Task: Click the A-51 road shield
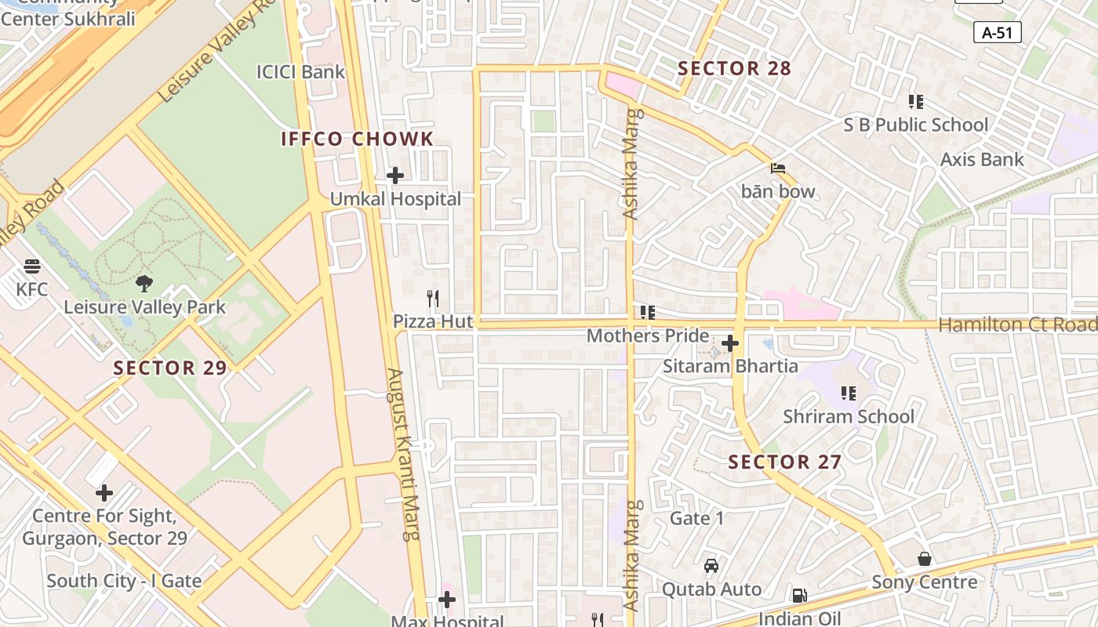[x=997, y=32]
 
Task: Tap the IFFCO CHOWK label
[x=357, y=140]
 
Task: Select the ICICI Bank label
[x=300, y=72]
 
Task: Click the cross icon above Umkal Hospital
[x=395, y=176]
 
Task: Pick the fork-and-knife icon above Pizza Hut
[x=432, y=299]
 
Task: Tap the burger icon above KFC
[x=32, y=266]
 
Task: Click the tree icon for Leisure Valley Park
[x=144, y=284]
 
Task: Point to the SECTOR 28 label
[x=735, y=69]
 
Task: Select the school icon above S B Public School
[x=915, y=102]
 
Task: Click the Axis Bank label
[x=982, y=160]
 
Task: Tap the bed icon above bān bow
[x=778, y=169]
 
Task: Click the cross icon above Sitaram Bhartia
[x=730, y=343]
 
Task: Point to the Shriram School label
[x=849, y=416]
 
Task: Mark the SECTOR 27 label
[x=785, y=462]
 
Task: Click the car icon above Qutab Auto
[x=711, y=566]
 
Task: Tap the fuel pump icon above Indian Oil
[x=799, y=596]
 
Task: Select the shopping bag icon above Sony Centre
[x=925, y=559]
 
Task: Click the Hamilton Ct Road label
[x=1017, y=324]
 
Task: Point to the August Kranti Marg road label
[x=404, y=455]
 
